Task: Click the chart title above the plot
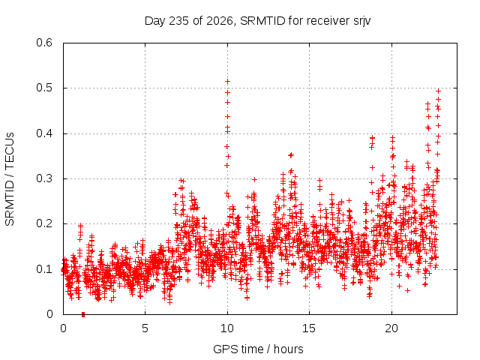tap(257, 21)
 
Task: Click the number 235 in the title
tap(179, 21)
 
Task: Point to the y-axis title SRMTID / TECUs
tap(10, 179)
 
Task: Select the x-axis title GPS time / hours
tap(258, 349)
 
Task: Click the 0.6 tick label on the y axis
tap(44, 43)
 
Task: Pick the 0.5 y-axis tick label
tap(44, 88)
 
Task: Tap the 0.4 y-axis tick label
tap(44, 133)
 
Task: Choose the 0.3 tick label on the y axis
tap(44, 178)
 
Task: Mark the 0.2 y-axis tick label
tap(44, 223)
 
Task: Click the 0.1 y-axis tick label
tap(44, 269)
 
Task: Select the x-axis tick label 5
tap(145, 328)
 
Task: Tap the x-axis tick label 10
tap(226, 328)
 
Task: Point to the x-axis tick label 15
tap(309, 328)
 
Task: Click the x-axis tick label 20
tap(391, 328)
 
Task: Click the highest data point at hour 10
tap(227, 82)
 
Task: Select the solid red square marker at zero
tap(83, 314)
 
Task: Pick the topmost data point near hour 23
tap(438, 91)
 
